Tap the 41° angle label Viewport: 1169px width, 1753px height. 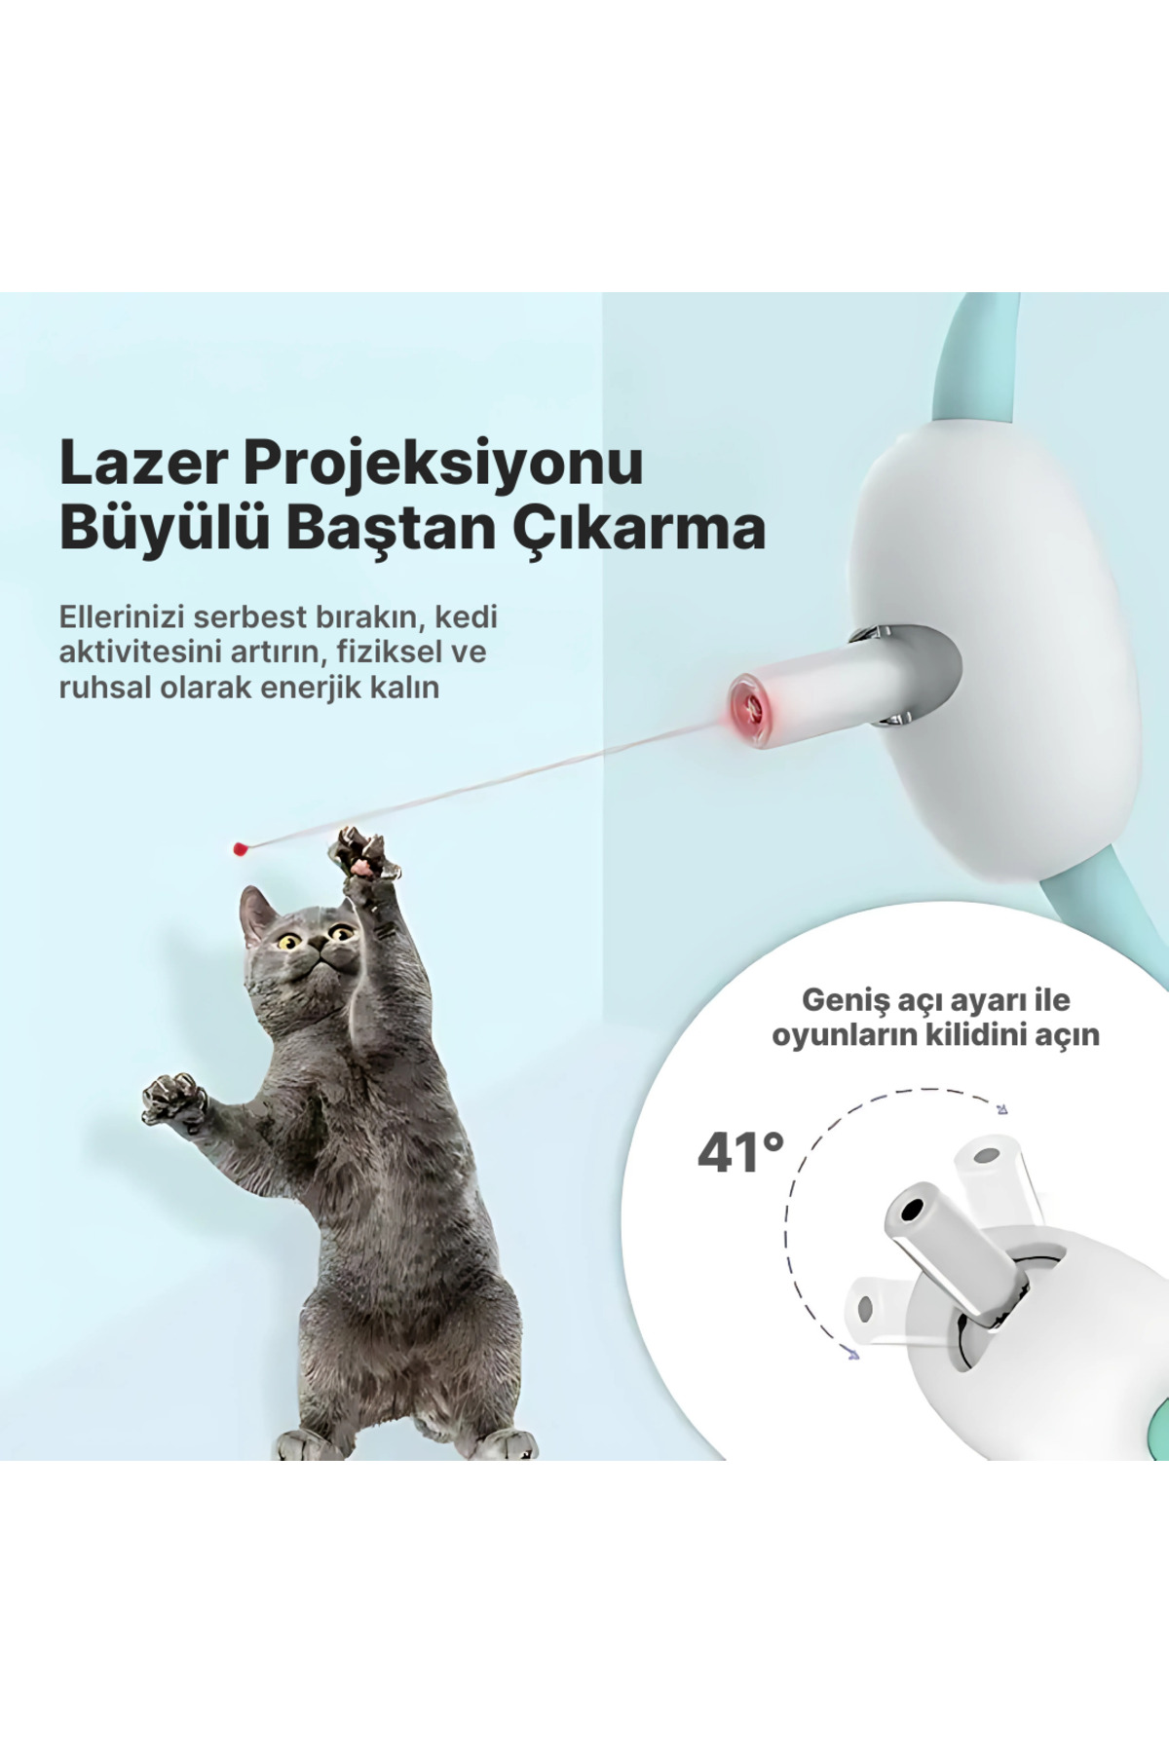(x=740, y=1153)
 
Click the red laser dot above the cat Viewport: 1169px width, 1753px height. (x=238, y=849)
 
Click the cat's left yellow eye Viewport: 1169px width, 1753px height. (x=288, y=942)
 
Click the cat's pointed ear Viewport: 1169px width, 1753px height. (x=255, y=912)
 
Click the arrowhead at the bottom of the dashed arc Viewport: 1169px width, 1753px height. (x=853, y=1353)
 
